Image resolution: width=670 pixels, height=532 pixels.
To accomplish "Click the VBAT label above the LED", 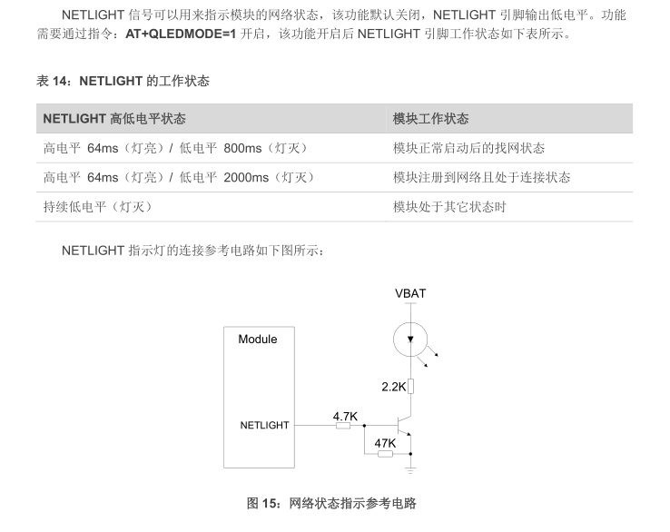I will [410, 293].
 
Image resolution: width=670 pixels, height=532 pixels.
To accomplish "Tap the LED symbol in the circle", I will [410, 340].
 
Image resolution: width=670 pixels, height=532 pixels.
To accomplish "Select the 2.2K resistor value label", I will [393, 386].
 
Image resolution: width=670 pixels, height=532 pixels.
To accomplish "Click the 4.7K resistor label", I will [345, 417].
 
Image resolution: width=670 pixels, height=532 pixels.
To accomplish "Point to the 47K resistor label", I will [385, 443].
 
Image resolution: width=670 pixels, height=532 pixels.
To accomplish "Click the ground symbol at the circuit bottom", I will [410, 469].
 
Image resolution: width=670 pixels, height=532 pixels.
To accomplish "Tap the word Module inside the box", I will [258, 340].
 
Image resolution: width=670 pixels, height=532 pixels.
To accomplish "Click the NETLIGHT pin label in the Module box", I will [264, 425].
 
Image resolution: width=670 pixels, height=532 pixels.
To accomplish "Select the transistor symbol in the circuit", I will [405, 425].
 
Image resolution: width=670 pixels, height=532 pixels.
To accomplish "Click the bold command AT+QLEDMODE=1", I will [180, 34].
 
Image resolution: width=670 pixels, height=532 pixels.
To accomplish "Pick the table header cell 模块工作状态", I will [431, 119].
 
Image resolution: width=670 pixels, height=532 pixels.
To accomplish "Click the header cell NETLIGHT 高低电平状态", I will [114, 119].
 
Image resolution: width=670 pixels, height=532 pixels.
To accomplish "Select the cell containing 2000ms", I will [180, 177].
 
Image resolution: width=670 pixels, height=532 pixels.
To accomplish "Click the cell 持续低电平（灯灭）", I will [98, 206].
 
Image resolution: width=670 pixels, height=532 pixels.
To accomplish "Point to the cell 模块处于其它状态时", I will [449, 206].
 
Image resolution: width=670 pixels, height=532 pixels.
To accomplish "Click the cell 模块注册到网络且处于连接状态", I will [481, 177].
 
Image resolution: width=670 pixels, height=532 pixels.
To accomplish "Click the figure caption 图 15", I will [331, 503].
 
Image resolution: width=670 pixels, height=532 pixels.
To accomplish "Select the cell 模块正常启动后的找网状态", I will [468, 148].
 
